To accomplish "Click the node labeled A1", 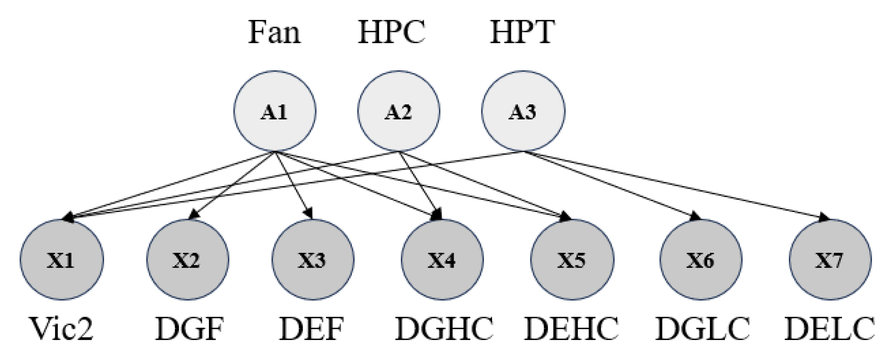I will click(x=274, y=111).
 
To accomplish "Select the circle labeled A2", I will click(x=398, y=111).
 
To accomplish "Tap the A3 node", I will click(x=523, y=111).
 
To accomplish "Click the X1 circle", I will click(x=62, y=259).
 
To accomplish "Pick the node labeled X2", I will click(x=187, y=259).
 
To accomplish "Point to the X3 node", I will click(x=313, y=259).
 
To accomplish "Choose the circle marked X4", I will click(x=442, y=259).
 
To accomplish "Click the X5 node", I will click(x=572, y=259).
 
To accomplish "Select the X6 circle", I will click(x=701, y=259).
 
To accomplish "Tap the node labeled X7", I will click(x=830, y=259).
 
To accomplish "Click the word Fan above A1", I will click(x=274, y=32).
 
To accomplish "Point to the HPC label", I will click(x=391, y=32).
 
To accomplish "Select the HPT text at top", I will click(x=523, y=32).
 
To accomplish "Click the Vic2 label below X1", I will click(x=62, y=329).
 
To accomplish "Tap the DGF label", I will click(x=190, y=329).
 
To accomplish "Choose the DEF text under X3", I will click(x=311, y=329).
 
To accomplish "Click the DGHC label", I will click(x=444, y=329).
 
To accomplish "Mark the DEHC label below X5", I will click(x=572, y=329).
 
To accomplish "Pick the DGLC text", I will click(x=702, y=329).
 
